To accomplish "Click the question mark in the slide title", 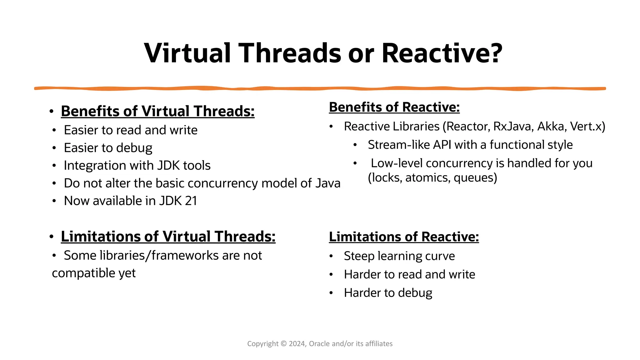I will (x=493, y=53).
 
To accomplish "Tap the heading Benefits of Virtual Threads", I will (x=157, y=111).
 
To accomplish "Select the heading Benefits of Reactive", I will (x=394, y=107).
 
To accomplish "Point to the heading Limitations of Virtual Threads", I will (x=168, y=237).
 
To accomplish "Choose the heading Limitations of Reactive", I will (x=404, y=237).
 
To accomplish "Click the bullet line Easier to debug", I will (x=108, y=148).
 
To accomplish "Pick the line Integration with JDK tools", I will (x=137, y=166).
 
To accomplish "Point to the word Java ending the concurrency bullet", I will (x=328, y=183).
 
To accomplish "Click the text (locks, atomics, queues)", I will (x=432, y=178).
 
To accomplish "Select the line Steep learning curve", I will (x=399, y=256).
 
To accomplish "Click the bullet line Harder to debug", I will (x=388, y=293).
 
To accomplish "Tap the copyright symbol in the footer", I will (x=283, y=344).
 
